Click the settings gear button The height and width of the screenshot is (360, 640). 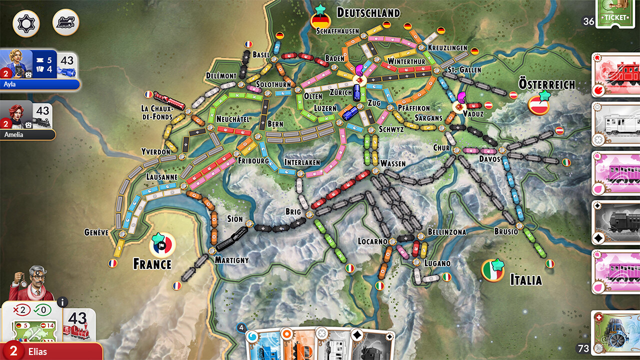(x=26, y=23)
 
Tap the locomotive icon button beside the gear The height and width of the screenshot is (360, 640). (x=65, y=22)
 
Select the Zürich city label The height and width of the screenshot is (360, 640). (x=340, y=92)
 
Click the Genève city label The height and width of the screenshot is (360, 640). (x=96, y=232)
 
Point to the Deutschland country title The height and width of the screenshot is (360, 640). (x=368, y=12)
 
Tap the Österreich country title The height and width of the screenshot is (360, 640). (x=546, y=84)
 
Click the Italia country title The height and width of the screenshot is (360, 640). (x=525, y=279)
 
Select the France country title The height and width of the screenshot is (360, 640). (x=152, y=264)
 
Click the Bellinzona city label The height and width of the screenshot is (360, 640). (x=446, y=232)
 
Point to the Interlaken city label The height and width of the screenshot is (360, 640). (x=302, y=162)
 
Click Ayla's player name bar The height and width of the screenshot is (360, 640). (x=40, y=84)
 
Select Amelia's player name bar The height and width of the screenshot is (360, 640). (x=27, y=134)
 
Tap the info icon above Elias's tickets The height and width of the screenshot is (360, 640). (x=62, y=302)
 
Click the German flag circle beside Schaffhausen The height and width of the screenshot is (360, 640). (x=320, y=21)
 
